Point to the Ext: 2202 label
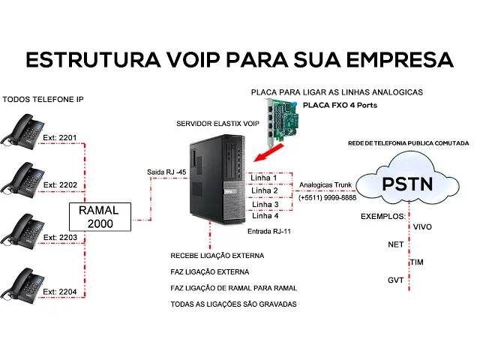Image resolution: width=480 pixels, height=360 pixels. [59, 184]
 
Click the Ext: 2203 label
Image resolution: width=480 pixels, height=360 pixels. [59, 237]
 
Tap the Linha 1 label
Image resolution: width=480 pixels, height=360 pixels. [265, 178]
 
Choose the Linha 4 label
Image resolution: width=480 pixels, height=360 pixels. [265, 216]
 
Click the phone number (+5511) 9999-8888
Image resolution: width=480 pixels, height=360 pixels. [327, 198]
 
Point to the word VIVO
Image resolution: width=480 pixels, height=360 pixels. [422, 226]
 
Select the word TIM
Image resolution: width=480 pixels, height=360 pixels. [418, 262]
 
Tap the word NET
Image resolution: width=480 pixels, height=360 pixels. [395, 244]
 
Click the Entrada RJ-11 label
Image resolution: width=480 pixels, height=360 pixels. [269, 232]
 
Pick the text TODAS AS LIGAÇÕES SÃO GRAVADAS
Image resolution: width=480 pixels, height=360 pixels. [233, 304]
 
